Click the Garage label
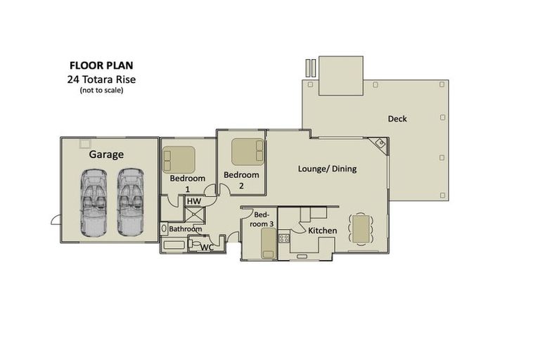[106, 154]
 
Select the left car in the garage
[94, 201]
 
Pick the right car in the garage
[130, 201]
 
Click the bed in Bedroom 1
[179, 159]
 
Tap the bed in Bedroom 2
[247, 151]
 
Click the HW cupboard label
[194, 202]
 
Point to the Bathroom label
[186, 229]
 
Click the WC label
[207, 247]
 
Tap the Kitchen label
[322, 231]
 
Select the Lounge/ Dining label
[327, 169]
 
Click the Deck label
[397, 119]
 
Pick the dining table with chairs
[361, 229]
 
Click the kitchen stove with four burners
[284, 238]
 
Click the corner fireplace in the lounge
[380, 145]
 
